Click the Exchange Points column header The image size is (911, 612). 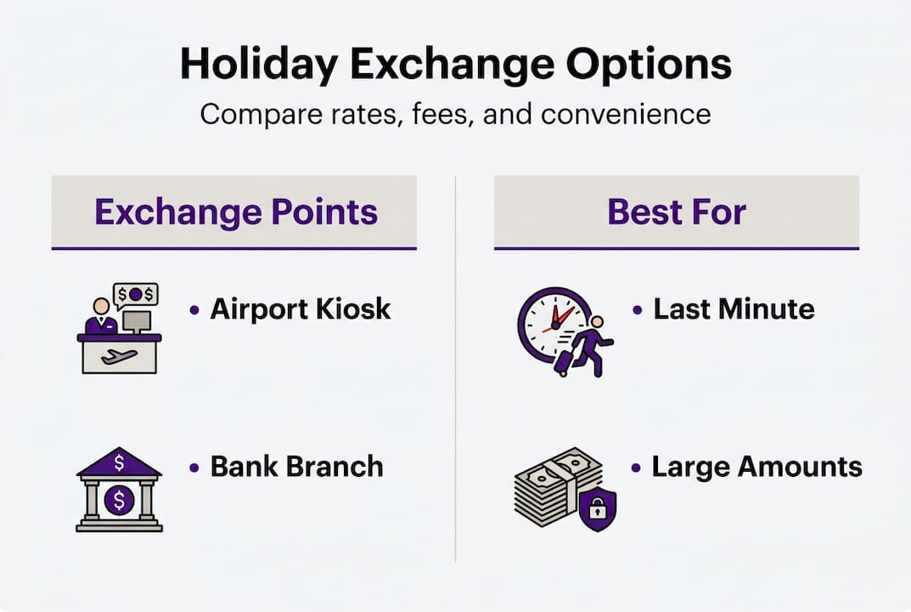235,212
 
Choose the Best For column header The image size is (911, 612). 677,212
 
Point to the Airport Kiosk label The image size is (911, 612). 301,309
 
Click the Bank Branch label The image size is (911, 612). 296,466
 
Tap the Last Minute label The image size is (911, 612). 734,309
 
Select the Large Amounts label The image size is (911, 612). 756,466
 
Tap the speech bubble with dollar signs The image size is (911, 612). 136,294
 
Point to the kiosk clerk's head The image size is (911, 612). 102,306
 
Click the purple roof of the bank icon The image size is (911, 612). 119,463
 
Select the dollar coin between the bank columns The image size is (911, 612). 119,499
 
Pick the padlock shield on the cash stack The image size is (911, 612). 598,509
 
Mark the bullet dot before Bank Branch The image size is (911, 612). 194,467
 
